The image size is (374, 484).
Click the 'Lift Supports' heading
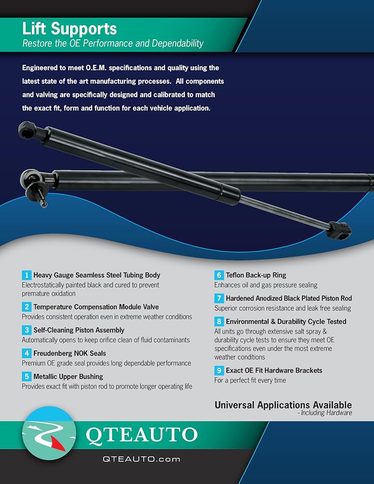[70, 29]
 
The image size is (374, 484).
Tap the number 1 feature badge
[27, 275]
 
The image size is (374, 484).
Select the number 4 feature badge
[27, 353]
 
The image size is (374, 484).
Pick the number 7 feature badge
[219, 298]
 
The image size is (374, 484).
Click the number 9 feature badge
[219, 370]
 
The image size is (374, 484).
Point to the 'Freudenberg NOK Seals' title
[70, 353]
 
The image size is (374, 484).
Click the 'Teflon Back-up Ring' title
[256, 275]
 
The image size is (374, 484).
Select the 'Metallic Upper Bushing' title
[68, 377]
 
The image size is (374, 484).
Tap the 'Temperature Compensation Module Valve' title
[96, 307]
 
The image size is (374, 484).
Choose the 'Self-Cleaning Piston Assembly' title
[79, 330]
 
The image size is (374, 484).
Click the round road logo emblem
[49, 433]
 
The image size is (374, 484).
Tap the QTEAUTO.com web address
[141, 459]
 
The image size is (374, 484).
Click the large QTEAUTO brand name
[141, 435]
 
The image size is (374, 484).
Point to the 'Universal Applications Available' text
[283, 405]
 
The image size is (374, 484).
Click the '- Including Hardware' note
[325, 413]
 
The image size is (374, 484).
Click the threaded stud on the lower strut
[41, 199]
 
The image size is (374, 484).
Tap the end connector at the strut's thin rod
[339, 230]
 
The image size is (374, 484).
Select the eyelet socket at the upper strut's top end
[27, 130]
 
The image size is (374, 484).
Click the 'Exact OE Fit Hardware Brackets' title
[274, 370]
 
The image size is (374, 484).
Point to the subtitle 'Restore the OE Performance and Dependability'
[113, 43]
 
